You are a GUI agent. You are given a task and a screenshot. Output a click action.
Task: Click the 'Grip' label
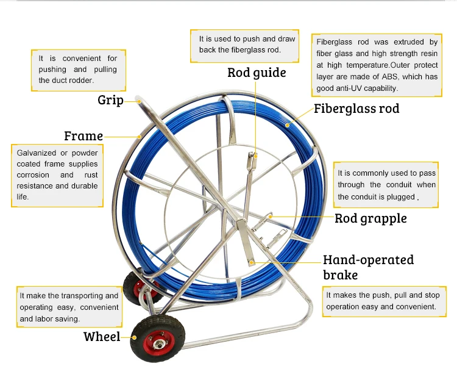110,100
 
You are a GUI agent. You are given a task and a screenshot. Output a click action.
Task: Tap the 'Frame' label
83,136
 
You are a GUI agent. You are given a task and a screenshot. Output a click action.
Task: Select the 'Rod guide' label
257,73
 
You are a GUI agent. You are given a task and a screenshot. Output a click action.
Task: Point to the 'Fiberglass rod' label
356,109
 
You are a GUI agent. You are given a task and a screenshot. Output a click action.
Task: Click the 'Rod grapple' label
370,218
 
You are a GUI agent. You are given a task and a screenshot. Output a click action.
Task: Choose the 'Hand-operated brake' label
369,267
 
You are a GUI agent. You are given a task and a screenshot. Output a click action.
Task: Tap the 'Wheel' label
102,337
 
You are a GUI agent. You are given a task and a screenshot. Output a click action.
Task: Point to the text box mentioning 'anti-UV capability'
377,65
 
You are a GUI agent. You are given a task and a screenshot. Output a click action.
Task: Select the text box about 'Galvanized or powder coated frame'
57,175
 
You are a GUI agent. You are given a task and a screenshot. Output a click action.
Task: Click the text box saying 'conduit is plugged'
386,185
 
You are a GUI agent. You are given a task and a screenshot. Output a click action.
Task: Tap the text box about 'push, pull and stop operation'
384,301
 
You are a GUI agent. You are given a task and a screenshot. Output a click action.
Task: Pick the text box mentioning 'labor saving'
69,307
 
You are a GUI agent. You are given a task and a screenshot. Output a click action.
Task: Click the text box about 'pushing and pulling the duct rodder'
79,70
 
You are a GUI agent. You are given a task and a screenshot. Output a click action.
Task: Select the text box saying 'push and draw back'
244,46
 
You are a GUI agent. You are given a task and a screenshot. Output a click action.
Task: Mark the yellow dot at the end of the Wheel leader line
135,337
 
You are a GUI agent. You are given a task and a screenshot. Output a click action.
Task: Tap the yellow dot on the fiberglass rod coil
288,125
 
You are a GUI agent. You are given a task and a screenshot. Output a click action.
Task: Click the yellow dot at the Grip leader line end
140,101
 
